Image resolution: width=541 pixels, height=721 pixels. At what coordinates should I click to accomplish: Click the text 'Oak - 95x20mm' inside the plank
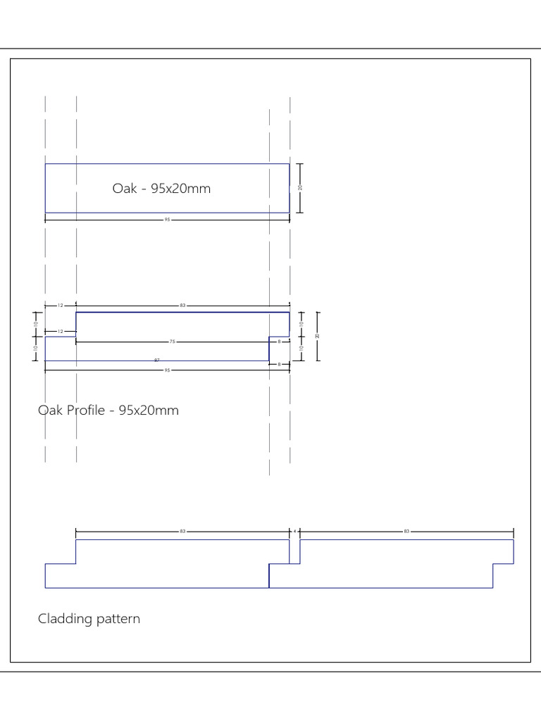tap(161, 189)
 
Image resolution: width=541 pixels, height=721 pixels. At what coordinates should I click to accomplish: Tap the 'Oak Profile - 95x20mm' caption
tap(108, 410)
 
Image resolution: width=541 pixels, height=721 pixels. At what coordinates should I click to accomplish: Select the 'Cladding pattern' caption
tap(89, 619)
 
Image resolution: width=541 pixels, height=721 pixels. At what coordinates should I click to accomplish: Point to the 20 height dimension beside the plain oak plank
tap(300, 187)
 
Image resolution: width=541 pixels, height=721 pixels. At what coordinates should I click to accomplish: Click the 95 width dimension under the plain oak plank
tap(168, 220)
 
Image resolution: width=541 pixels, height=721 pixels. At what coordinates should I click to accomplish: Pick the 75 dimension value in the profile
tap(172, 341)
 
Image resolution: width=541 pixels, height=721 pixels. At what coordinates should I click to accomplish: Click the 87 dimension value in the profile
tap(156, 360)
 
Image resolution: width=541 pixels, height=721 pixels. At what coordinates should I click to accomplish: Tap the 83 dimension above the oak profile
tap(182, 306)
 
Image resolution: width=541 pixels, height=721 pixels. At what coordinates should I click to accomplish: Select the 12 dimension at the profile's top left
tap(61, 306)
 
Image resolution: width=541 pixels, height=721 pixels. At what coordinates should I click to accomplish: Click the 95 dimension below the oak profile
tap(168, 370)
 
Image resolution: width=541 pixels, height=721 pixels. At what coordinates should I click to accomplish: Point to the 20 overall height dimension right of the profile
tap(318, 336)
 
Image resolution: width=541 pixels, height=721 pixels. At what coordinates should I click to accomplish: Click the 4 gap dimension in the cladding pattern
tap(294, 531)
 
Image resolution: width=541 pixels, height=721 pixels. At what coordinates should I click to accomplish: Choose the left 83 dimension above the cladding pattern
tap(182, 531)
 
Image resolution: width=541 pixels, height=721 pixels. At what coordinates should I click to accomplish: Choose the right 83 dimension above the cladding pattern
tap(406, 531)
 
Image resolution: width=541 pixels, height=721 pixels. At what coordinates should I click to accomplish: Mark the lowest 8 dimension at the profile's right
tap(280, 364)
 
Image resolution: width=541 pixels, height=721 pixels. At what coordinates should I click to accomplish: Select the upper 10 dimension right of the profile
tap(301, 324)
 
